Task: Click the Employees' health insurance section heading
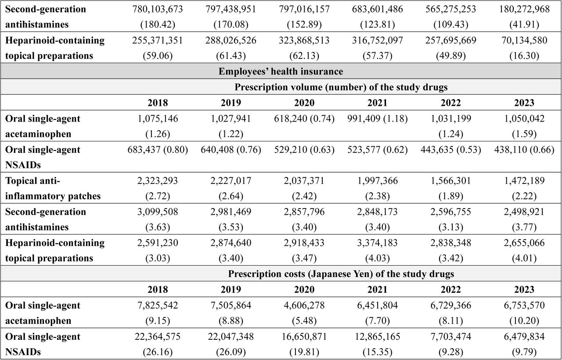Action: coord(281,72)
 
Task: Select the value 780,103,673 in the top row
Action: coord(158,9)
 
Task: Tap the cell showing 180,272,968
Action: coord(524,9)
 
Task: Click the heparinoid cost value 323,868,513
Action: coord(304,40)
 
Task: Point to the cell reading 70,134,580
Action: coord(524,40)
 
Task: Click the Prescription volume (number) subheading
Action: coord(341,87)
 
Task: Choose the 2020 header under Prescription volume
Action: coord(304,103)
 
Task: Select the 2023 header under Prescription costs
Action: coord(524,289)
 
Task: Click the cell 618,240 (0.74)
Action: coord(304,119)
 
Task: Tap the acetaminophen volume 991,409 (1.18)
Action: coord(377,119)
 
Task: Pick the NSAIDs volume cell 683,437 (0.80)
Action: coord(158,150)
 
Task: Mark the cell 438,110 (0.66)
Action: coord(524,150)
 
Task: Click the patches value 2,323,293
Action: coord(158,180)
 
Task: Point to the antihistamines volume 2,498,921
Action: coord(524,212)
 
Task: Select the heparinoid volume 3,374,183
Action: coord(377,243)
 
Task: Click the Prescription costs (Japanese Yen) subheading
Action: coord(341,274)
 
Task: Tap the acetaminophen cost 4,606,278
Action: coord(304,305)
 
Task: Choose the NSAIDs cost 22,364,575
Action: coord(158,336)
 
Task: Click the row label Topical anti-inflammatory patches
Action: coord(53,188)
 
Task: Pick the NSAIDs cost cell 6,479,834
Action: coord(524,336)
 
